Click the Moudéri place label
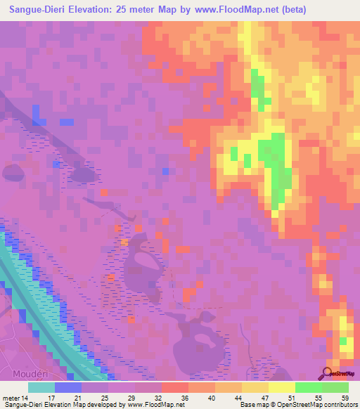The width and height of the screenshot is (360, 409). tap(30, 371)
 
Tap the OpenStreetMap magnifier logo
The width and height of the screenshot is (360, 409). tap(327, 374)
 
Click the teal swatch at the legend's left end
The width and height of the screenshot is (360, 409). tap(41, 387)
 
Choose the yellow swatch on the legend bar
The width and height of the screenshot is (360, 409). tap(282, 387)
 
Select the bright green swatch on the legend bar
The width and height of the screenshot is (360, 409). tap(309, 387)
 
